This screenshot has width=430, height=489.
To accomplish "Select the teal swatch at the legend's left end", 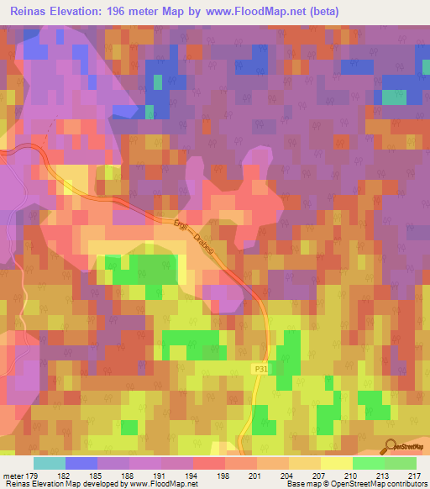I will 50,463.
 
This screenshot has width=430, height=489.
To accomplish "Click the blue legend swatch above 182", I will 81,463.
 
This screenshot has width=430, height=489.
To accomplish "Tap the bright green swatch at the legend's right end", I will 400,463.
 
